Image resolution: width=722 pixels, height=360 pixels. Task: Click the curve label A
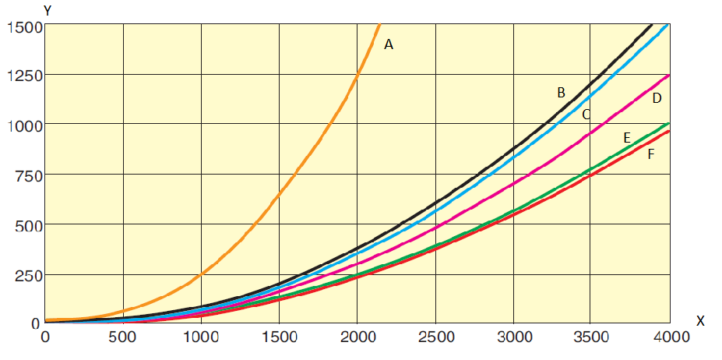point(389,45)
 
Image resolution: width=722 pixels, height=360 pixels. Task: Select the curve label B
point(561,93)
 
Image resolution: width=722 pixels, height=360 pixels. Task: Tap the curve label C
point(586,115)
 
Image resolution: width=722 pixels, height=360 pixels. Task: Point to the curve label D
point(657,98)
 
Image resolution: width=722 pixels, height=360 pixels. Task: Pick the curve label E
point(626,138)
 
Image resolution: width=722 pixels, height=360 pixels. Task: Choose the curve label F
point(650,154)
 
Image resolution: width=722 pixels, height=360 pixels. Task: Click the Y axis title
point(48,10)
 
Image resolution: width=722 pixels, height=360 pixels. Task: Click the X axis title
point(700,320)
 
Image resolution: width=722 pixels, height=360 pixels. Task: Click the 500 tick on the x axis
point(123,337)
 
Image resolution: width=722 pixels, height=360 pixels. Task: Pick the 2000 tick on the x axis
point(357,337)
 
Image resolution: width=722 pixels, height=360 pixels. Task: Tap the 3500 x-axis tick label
point(591,337)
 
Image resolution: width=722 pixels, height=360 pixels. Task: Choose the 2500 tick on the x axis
point(435,337)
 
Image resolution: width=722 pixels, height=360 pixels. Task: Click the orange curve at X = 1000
point(201,273)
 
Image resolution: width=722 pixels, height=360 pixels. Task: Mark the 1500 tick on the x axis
point(279,337)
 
